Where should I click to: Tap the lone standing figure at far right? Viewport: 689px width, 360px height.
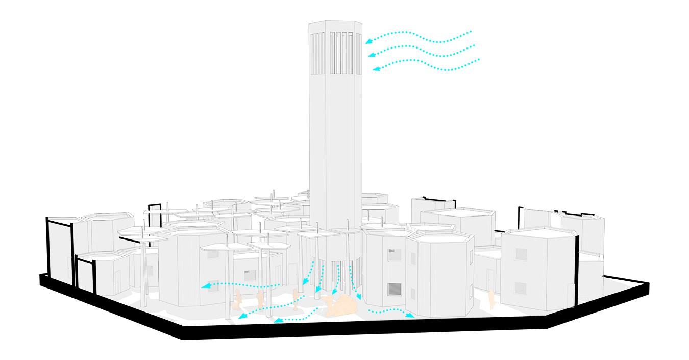click(491, 300)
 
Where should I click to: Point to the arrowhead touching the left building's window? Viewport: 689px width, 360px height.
click(205, 286)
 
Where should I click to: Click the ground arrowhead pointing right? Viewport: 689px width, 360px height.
click(410, 316)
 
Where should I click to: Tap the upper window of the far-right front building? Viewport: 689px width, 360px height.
click(521, 254)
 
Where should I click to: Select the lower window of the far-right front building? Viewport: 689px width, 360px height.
click(521, 288)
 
